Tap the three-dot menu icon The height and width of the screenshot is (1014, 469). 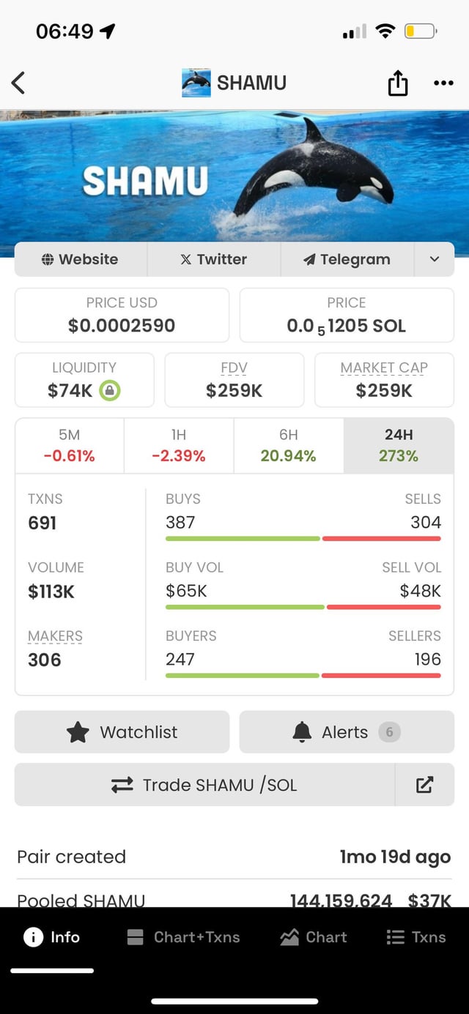443,83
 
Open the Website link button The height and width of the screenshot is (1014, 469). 81,259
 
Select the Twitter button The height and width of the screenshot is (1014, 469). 214,259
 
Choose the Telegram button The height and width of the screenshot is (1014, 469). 347,259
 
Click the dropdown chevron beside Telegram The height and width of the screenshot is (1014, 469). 434,259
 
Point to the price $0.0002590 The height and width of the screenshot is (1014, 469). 122,326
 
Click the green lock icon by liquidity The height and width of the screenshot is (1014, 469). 109,391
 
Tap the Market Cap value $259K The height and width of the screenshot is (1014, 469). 384,391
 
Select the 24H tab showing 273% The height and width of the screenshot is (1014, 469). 399,446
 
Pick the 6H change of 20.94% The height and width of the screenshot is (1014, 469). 288,455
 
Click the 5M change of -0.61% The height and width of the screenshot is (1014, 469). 69,455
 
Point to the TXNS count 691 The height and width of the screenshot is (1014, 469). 43,523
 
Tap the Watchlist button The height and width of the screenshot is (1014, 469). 122,732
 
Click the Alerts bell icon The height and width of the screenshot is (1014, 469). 302,732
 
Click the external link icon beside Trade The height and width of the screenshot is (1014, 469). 424,785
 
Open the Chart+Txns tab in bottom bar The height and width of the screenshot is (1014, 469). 183,937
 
